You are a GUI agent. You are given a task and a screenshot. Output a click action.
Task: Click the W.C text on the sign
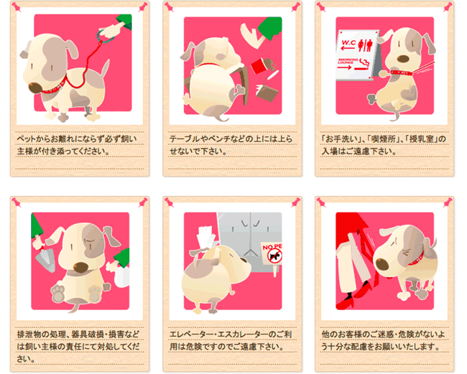click(x=348, y=42)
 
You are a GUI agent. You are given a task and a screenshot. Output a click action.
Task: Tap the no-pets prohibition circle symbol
click(x=274, y=256)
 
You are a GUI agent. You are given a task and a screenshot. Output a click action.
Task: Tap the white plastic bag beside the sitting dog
click(x=123, y=277)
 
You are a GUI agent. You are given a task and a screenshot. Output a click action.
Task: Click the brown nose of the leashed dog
click(x=35, y=87)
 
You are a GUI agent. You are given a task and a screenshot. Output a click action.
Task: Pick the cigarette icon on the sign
click(x=364, y=65)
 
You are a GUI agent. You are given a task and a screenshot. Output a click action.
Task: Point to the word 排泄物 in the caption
click(x=29, y=334)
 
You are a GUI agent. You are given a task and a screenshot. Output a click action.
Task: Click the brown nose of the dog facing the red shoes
click(x=382, y=264)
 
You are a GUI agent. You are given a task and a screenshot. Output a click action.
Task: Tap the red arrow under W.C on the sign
click(x=348, y=49)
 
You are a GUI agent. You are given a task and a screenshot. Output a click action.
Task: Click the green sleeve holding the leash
click(x=124, y=22)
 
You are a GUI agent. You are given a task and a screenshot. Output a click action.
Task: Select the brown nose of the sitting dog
click(x=80, y=267)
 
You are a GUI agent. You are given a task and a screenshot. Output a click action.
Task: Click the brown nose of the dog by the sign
click(x=402, y=59)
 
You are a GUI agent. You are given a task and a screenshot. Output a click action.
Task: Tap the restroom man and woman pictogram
click(x=365, y=45)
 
